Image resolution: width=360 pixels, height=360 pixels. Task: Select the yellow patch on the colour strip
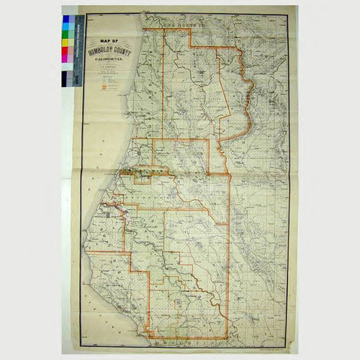[x=66, y=42]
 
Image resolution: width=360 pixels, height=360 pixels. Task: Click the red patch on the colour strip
[x=66, y=50]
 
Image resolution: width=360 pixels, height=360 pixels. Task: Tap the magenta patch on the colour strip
[x=66, y=59]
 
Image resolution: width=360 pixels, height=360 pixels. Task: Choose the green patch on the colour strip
[x=66, y=34]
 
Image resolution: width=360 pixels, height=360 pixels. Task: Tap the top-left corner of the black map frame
[x=81, y=15]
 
